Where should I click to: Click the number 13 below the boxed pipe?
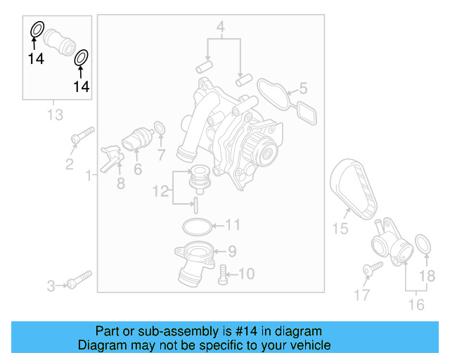point(54,114)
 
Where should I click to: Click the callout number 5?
point(303,89)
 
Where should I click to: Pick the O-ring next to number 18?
point(423,245)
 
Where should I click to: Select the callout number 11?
point(233,225)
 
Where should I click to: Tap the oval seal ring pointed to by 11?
point(196,226)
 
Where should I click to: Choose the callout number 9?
point(231,250)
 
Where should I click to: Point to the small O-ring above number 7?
point(160,129)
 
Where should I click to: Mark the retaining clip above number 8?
point(111,155)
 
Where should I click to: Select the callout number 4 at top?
point(220,29)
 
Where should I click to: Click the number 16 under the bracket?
point(416,304)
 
